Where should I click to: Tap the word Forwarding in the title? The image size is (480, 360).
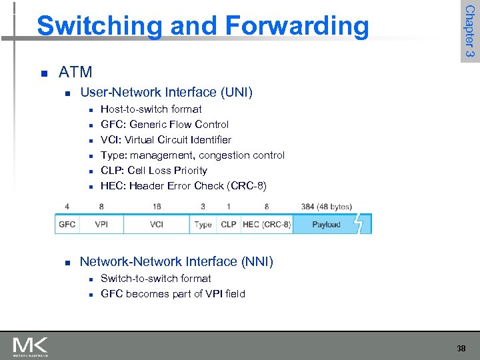pyautogui.click(x=297, y=26)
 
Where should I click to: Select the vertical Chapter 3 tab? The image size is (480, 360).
pyautogui.click(x=469, y=31)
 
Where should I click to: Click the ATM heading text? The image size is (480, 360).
pyautogui.click(x=75, y=72)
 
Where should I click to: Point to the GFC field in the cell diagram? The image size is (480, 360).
pyautogui.click(x=67, y=225)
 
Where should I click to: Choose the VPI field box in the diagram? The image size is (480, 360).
pyautogui.click(x=101, y=225)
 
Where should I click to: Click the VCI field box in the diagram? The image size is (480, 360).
pyautogui.click(x=157, y=225)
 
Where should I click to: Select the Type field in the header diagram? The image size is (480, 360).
pyautogui.click(x=203, y=225)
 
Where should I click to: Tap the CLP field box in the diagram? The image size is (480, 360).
pyautogui.click(x=229, y=225)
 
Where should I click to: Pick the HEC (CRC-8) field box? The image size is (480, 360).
pyautogui.click(x=267, y=225)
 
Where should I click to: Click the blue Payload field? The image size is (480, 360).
pyautogui.click(x=326, y=225)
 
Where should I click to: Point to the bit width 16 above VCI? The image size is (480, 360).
pyautogui.click(x=157, y=207)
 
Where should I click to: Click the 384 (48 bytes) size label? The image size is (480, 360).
pyautogui.click(x=326, y=207)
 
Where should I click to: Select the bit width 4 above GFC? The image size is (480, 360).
pyautogui.click(x=67, y=207)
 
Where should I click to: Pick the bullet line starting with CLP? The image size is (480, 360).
pyautogui.click(x=153, y=171)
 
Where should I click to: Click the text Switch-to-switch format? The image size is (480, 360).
pyautogui.click(x=155, y=279)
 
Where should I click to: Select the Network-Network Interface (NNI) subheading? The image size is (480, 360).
pyautogui.click(x=176, y=262)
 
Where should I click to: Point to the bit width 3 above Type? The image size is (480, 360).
pyautogui.click(x=203, y=207)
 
